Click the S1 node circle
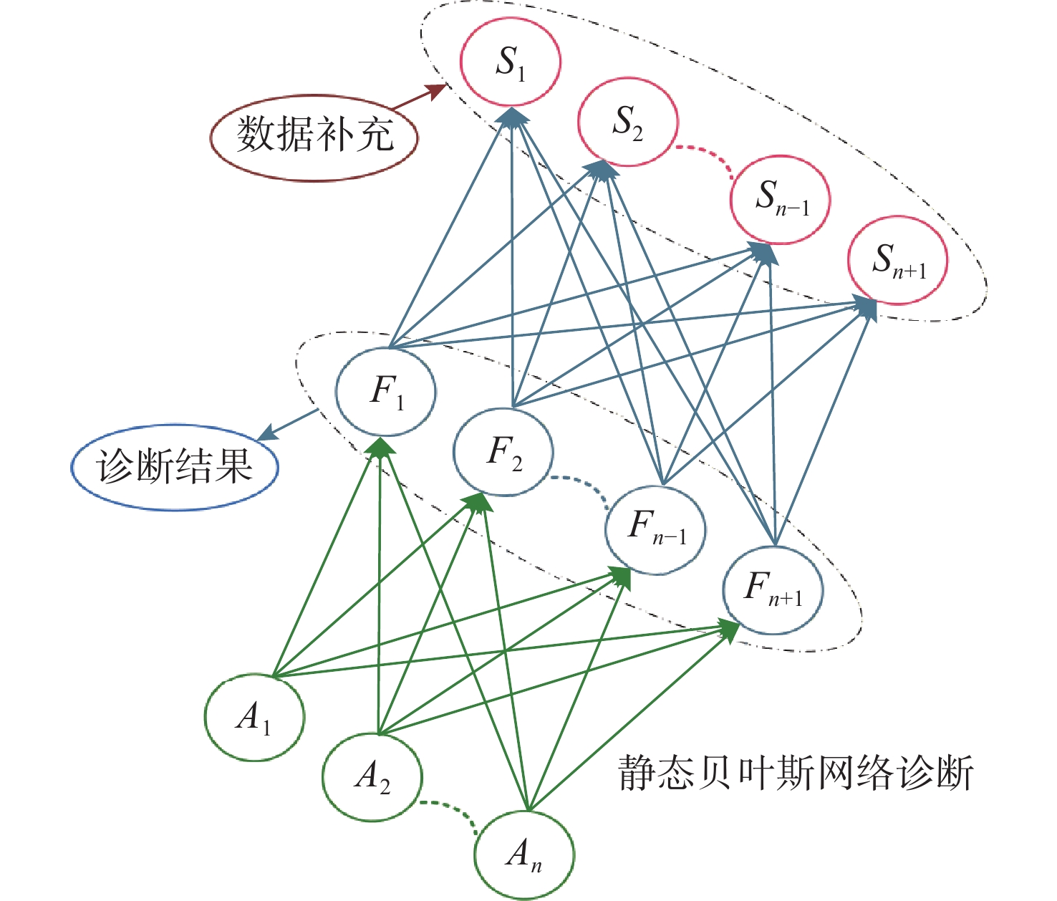(510, 62)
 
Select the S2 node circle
(627, 122)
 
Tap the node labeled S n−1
(781, 200)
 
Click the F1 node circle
(386, 392)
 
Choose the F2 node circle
(503, 452)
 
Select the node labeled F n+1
(773, 590)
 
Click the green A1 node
(254, 717)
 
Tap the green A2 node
(372, 777)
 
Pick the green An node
(524, 854)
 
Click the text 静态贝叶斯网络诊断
(796, 774)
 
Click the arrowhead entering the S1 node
(512, 115)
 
